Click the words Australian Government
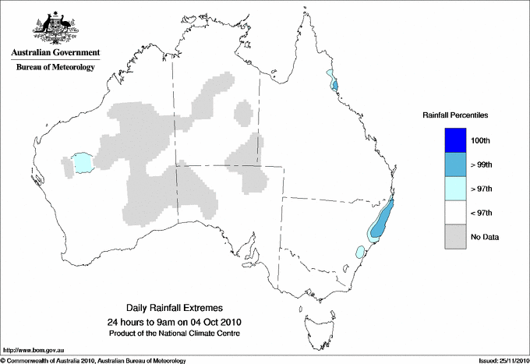(x=55, y=53)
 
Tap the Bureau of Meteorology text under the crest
(x=55, y=67)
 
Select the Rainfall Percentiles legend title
(x=455, y=115)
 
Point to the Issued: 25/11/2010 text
(x=502, y=360)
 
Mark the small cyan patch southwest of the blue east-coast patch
(x=360, y=252)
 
